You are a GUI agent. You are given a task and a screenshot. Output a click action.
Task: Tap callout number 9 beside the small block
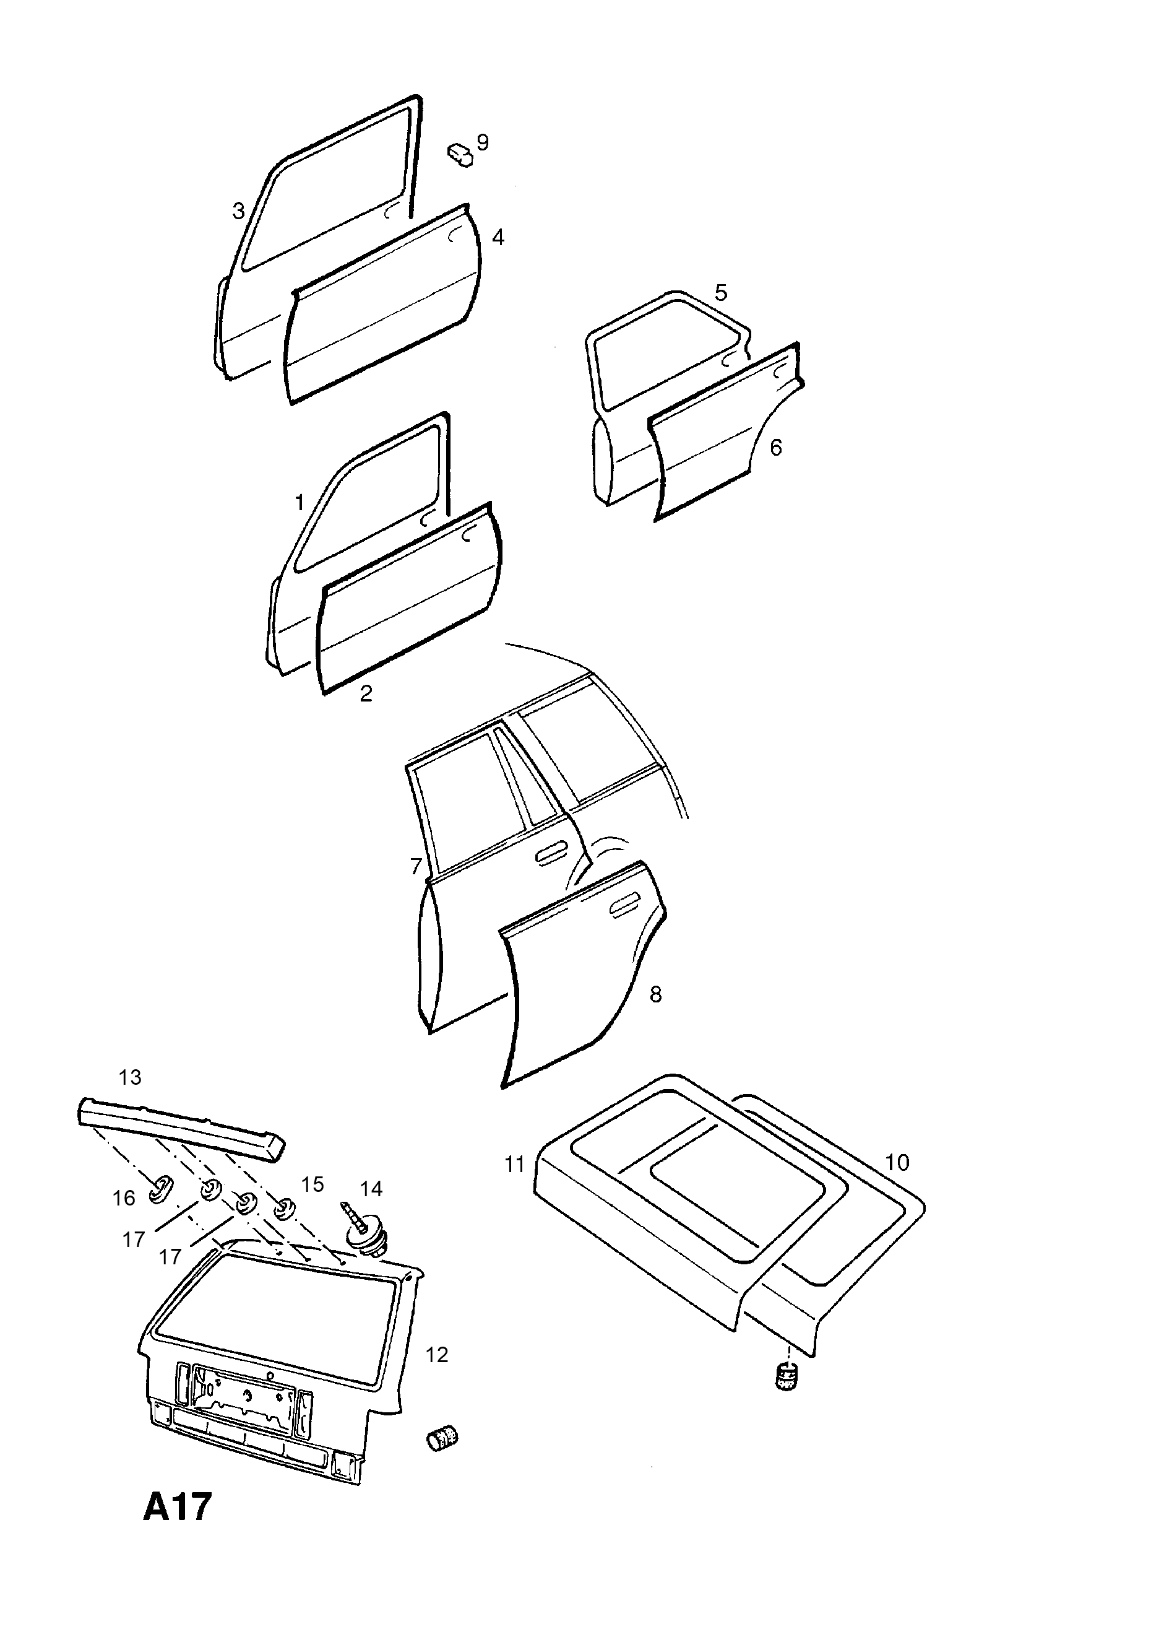pyautogui.click(x=483, y=142)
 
